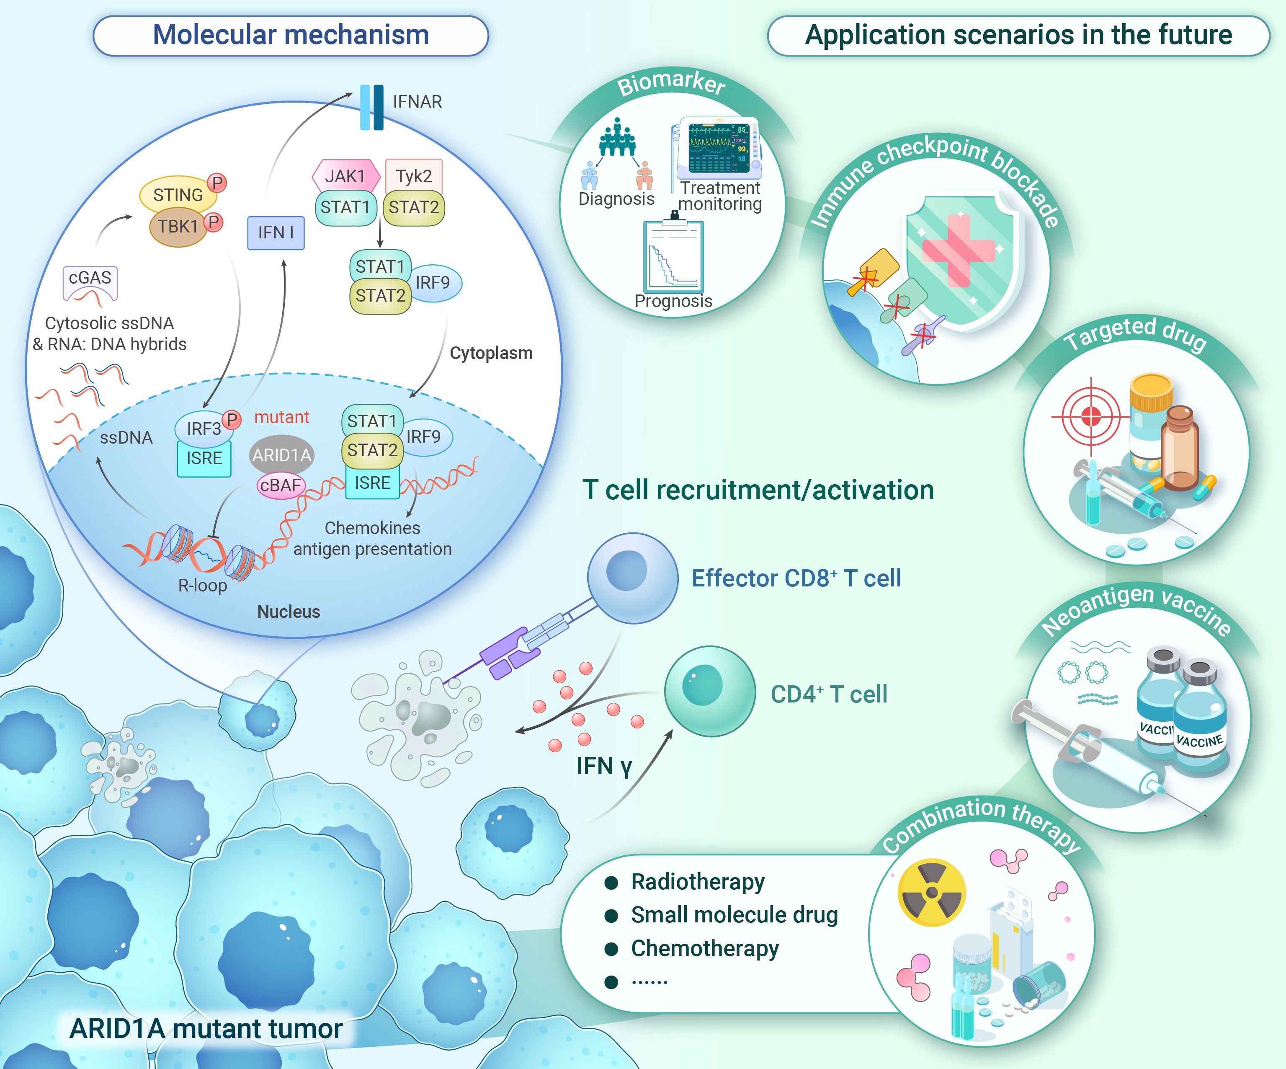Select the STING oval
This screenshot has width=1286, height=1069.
178,195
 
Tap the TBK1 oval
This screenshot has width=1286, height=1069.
178,227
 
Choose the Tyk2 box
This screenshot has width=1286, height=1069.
413,176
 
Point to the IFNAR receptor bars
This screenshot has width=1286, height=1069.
372,107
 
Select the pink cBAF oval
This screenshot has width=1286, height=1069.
281,485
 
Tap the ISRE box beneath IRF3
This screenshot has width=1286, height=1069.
204,459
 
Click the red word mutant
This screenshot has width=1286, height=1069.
282,417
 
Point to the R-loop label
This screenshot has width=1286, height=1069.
202,586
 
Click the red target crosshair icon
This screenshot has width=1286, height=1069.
1091,416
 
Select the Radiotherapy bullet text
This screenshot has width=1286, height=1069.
698,882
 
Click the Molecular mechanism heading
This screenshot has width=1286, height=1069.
291,35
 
